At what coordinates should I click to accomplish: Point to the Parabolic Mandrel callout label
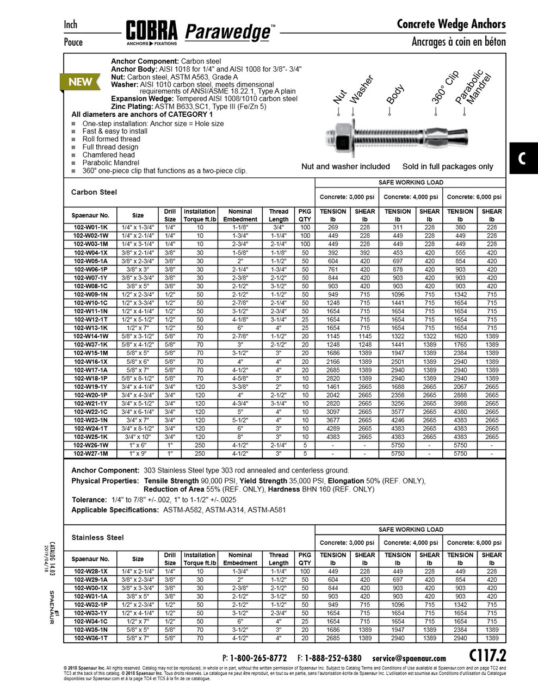(473, 86)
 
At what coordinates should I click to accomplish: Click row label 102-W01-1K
(91, 228)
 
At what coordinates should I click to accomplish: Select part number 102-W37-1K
(91, 345)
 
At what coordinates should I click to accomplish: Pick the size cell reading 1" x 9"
(138, 453)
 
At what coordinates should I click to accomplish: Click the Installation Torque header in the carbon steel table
(200, 215)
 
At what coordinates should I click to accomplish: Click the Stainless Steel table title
(97, 537)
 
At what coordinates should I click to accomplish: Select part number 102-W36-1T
(91, 638)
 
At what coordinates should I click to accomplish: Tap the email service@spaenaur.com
(409, 658)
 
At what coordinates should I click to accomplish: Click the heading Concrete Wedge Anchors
(451, 24)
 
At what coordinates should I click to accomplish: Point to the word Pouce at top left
(73, 42)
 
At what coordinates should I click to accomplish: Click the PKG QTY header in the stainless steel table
(305, 559)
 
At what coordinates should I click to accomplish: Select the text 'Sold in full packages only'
(448, 166)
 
